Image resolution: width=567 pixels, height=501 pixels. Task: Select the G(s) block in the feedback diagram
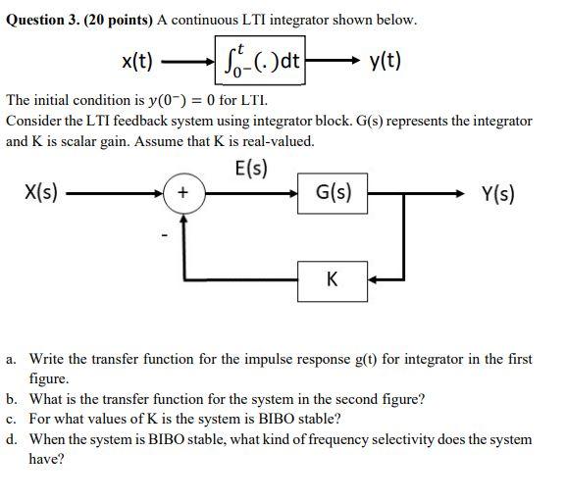333,192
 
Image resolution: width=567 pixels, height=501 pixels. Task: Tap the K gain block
333,279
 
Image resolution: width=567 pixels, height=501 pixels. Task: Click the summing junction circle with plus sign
182,192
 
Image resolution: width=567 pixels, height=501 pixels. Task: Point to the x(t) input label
137,63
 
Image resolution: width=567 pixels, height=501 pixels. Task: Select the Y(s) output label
499,192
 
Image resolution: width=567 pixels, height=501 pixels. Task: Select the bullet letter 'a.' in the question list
13,360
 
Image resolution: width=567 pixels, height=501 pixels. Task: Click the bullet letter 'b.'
13,399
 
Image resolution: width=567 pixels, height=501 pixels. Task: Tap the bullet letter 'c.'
13,419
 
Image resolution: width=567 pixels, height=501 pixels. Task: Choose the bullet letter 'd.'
13,438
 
